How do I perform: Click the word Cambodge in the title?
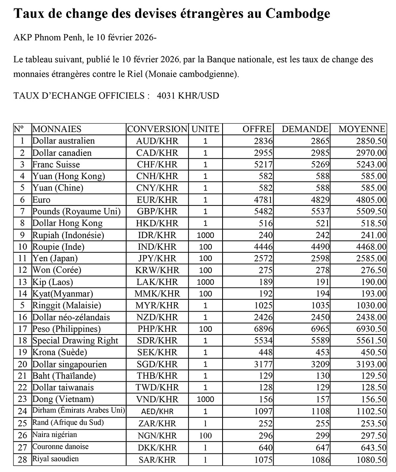[x=297, y=14]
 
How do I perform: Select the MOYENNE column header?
[x=362, y=129]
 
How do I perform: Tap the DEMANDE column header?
[x=305, y=129]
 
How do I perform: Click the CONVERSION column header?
[x=157, y=129]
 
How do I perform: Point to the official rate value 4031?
[x=166, y=96]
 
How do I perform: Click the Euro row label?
[x=42, y=200]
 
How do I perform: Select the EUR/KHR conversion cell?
[x=157, y=200]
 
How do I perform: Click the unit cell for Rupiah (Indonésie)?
[x=205, y=235]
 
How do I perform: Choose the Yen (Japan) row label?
[x=55, y=259]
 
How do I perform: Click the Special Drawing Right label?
[x=75, y=341]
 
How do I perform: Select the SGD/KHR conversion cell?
[x=157, y=364]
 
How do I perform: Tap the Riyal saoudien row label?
[x=56, y=459]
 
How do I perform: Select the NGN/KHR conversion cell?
[x=157, y=436]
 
